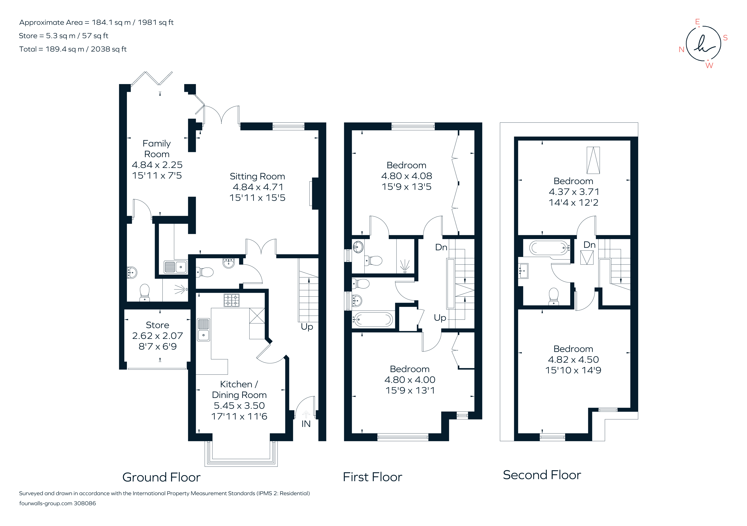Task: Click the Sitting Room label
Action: (x=257, y=176)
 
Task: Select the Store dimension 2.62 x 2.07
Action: (x=158, y=336)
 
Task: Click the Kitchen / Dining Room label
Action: (x=239, y=389)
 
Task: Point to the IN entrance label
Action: (x=306, y=424)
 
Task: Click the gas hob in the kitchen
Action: (x=231, y=300)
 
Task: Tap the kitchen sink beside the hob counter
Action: (x=204, y=329)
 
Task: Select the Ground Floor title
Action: (x=161, y=477)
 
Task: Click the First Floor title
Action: (x=373, y=477)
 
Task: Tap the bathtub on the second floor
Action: (x=549, y=248)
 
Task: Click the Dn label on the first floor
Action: (x=441, y=247)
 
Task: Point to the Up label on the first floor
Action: (x=440, y=318)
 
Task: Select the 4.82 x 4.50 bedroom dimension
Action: (x=573, y=359)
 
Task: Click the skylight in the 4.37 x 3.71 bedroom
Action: (x=593, y=160)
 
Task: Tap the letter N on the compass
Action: (x=682, y=50)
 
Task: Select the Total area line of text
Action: (x=73, y=49)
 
